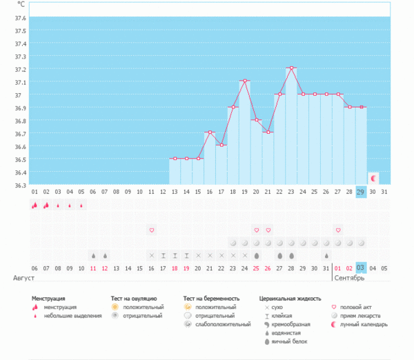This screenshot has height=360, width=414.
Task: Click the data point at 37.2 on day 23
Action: tap(292, 68)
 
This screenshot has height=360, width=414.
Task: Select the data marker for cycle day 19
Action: tap(245, 81)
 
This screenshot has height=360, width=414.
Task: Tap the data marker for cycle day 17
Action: tap(221, 146)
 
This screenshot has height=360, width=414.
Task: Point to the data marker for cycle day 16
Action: tap(210, 132)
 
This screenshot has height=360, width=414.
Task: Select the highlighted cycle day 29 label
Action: tap(361, 192)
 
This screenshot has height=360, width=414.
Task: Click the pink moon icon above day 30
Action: tap(373, 178)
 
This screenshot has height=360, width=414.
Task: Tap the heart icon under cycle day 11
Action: tap(151, 230)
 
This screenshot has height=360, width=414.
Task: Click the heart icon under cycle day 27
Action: tap(338, 230)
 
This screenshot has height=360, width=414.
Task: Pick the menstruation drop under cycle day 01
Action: tap(34, 205)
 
